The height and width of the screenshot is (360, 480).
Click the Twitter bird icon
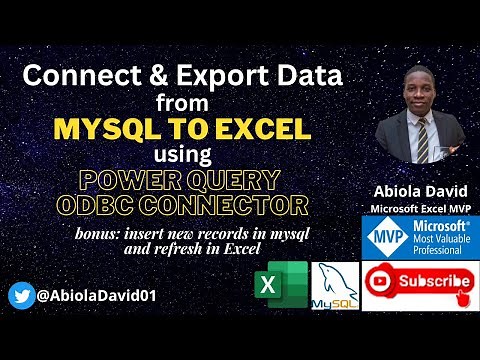(x=21, y=295)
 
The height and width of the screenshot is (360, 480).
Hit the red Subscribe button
(x=417, y=283)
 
